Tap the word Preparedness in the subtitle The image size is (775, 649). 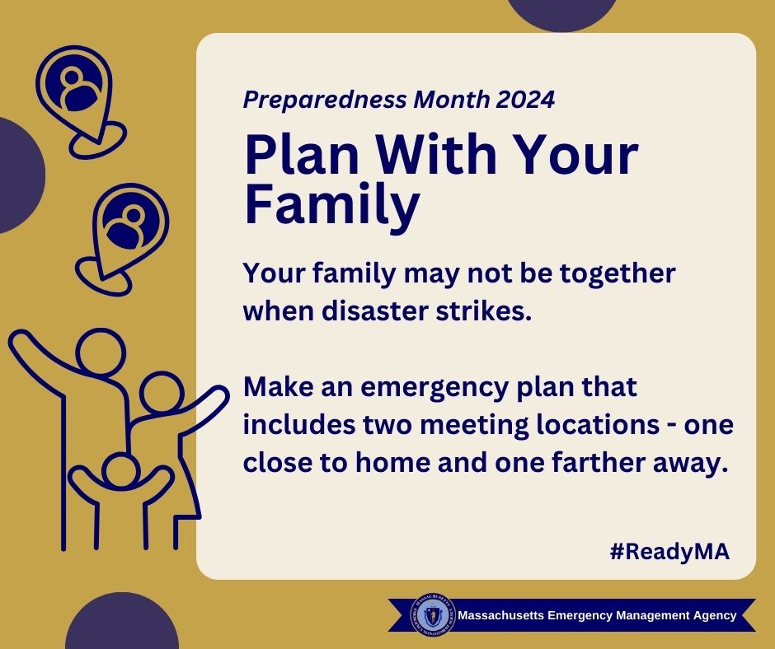(325, 100)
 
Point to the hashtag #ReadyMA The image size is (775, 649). (669, 551)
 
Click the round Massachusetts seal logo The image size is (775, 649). (432, 615)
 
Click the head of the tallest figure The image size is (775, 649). (101, 353)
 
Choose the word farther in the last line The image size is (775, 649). (598, 463)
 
